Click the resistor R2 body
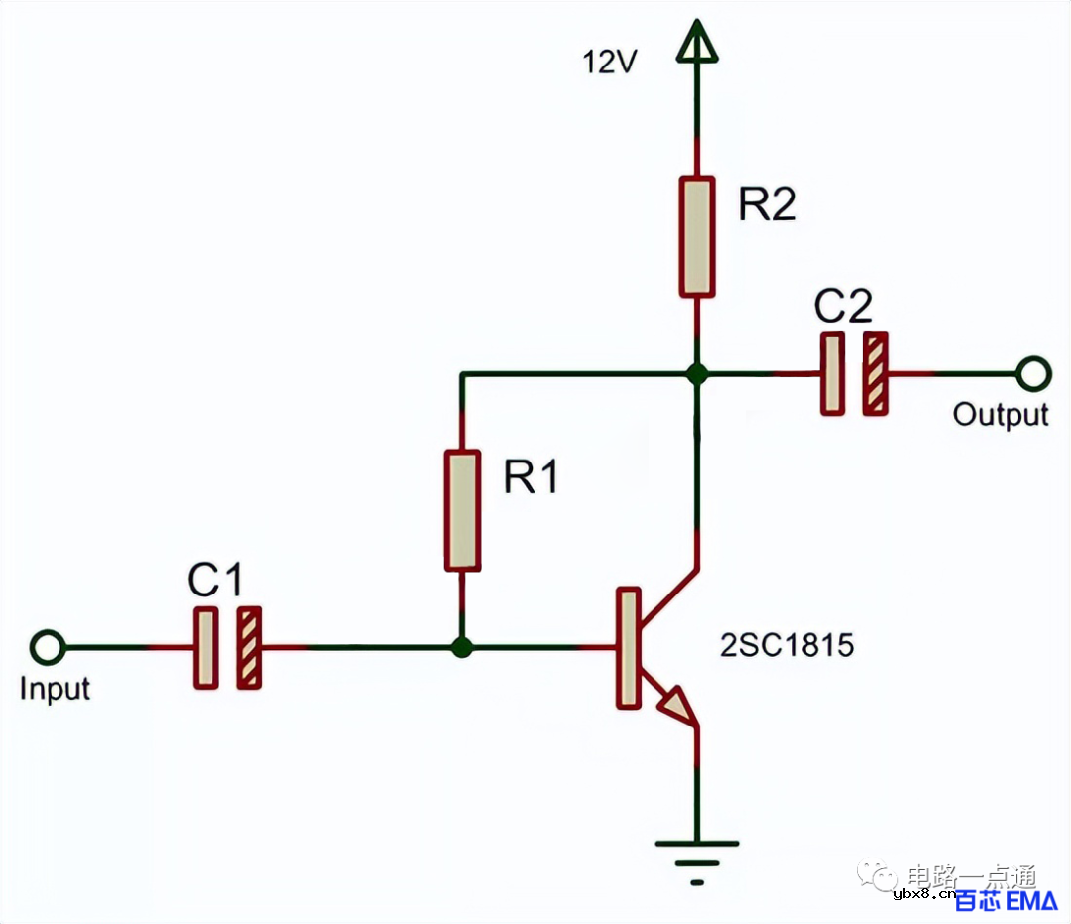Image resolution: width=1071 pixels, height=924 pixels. tap(697, 236)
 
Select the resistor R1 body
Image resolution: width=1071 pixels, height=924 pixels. tap(462, 510)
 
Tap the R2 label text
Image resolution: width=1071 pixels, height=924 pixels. tap(768, 205)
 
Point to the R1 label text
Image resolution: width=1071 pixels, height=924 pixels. tap(532, 478)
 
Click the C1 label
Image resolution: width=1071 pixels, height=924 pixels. tap(216, 582)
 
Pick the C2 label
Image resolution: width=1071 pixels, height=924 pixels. tap(843, 309)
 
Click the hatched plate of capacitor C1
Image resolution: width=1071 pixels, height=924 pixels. tap(249, 648)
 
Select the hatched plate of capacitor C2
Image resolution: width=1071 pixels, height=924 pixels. tap(875, 374)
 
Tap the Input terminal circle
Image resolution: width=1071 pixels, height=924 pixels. tap(47, 648)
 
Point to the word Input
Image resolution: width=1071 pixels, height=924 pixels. tap(55, 689)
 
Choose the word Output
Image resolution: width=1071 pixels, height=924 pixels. tap(1000, 414)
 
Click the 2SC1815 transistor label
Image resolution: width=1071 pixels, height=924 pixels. tap(787, 647)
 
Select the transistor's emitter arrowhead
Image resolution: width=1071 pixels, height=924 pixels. tap(677, 704)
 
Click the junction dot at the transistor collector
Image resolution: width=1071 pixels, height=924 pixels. tap(697, 374)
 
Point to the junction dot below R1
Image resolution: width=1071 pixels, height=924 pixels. tap(462, 648)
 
